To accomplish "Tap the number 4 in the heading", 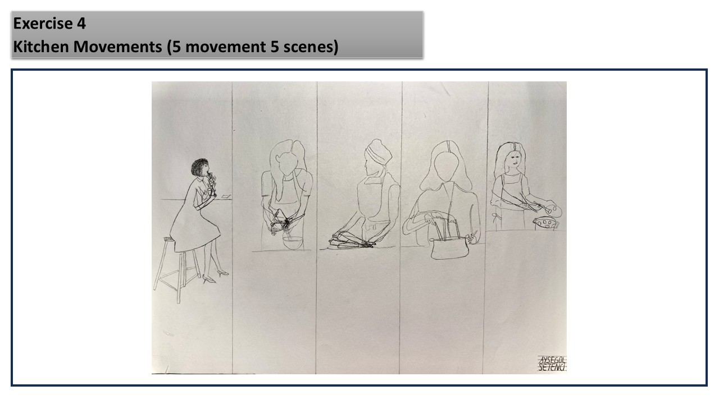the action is (x=81, y=24).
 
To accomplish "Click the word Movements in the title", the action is (x=117, y=47).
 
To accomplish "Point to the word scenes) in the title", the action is (x=311, y=47).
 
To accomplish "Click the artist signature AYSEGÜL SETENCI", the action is (x=552, y=364).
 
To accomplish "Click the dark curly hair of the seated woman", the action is (x=199, y=167).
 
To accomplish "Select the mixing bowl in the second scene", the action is (x=293, y=243).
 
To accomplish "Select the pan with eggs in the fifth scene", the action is (x=546, y=223).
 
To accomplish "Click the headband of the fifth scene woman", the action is (x=514, y=146).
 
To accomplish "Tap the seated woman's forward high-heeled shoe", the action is (x=223, y=273).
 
